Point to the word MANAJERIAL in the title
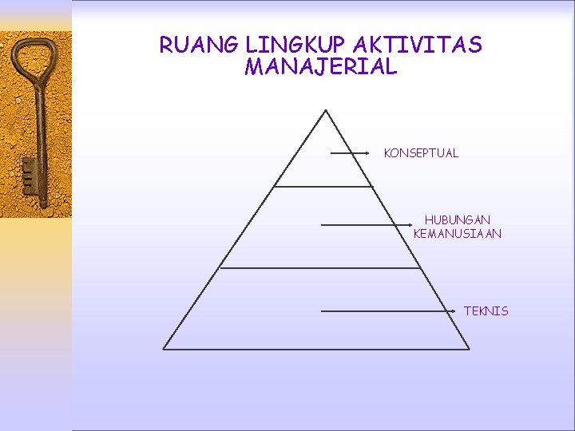[321, 67]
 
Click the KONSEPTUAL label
[421, 153]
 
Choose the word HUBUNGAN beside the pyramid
[458, 219]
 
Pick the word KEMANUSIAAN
[458, 234]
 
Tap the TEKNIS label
[486, 311]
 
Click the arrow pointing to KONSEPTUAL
[350, 152]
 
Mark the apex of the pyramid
[326, 110]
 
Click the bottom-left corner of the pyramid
[164, 349]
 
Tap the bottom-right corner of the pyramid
[469, 349]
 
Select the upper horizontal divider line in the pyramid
[323, 187]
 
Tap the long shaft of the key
[37, 120]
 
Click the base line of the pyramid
[316, 349]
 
